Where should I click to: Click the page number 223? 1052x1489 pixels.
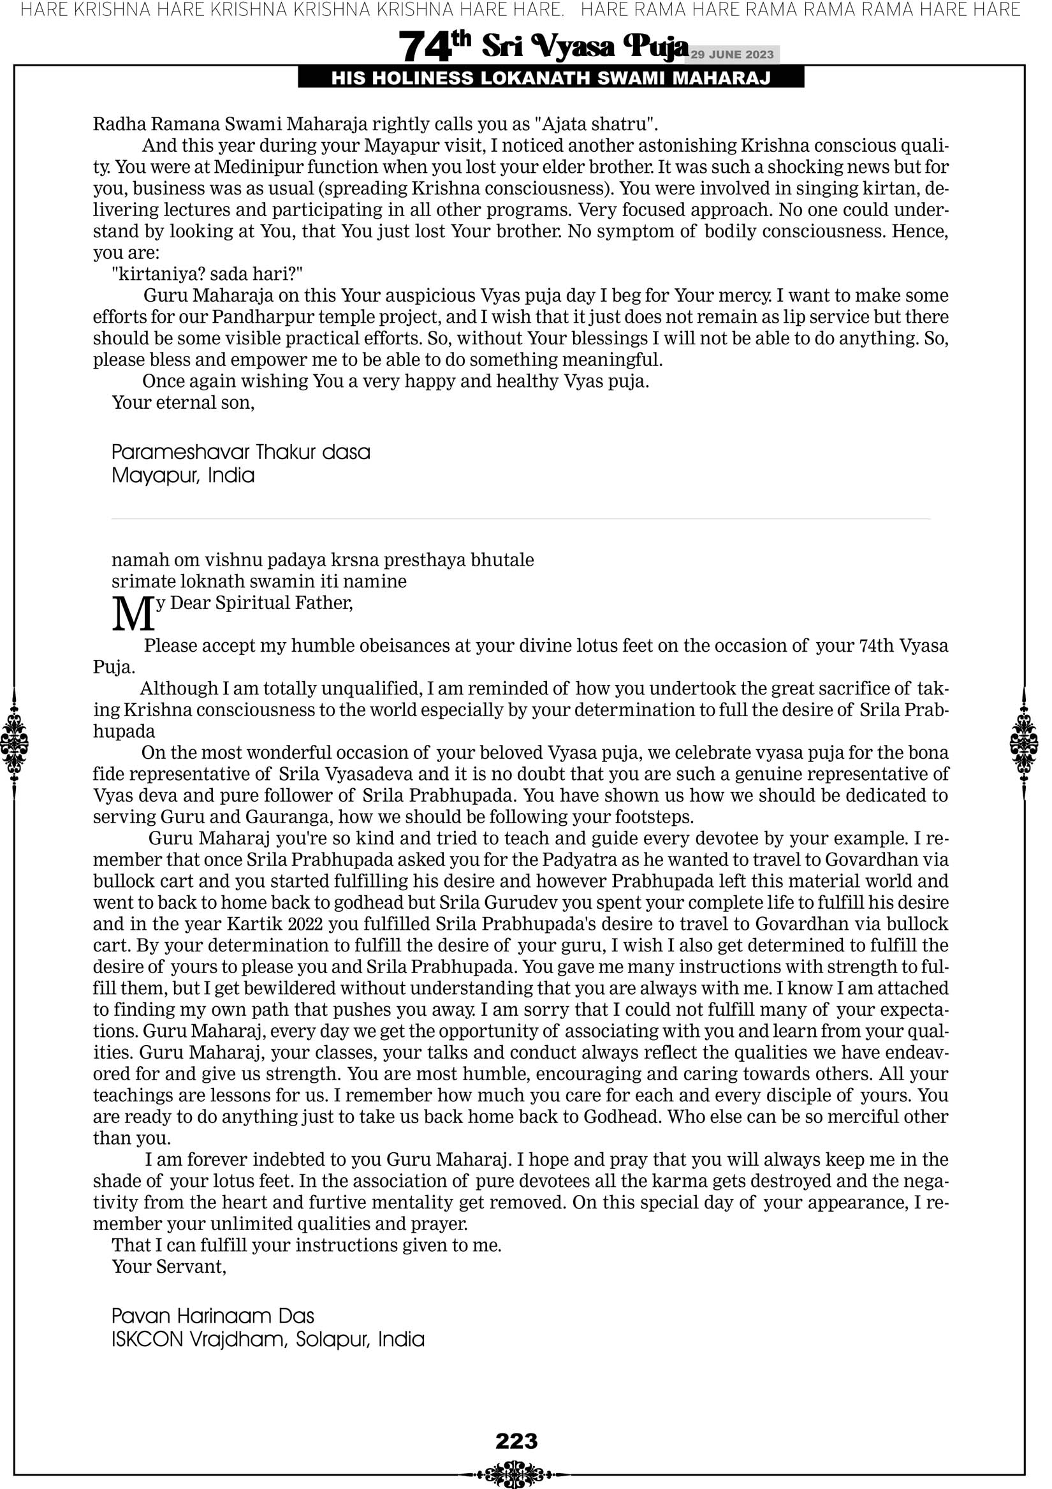[516, 1441]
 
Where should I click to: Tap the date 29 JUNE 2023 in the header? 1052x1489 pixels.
[732, 54]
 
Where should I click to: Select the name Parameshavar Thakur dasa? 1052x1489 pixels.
[240, 452]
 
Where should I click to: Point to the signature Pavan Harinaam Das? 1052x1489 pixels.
[213, 1316]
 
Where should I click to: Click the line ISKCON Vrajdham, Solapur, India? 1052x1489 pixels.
[268, 1339]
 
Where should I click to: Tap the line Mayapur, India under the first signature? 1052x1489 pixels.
[183, 475]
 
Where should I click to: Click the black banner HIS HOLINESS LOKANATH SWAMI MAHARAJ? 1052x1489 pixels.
[551, 78]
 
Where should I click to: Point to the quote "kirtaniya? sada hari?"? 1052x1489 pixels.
[208, 274]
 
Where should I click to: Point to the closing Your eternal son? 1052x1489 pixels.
[184, 403]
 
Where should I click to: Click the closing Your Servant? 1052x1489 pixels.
[170, 1266]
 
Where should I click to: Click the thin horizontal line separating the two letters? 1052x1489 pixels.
[521, 519]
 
